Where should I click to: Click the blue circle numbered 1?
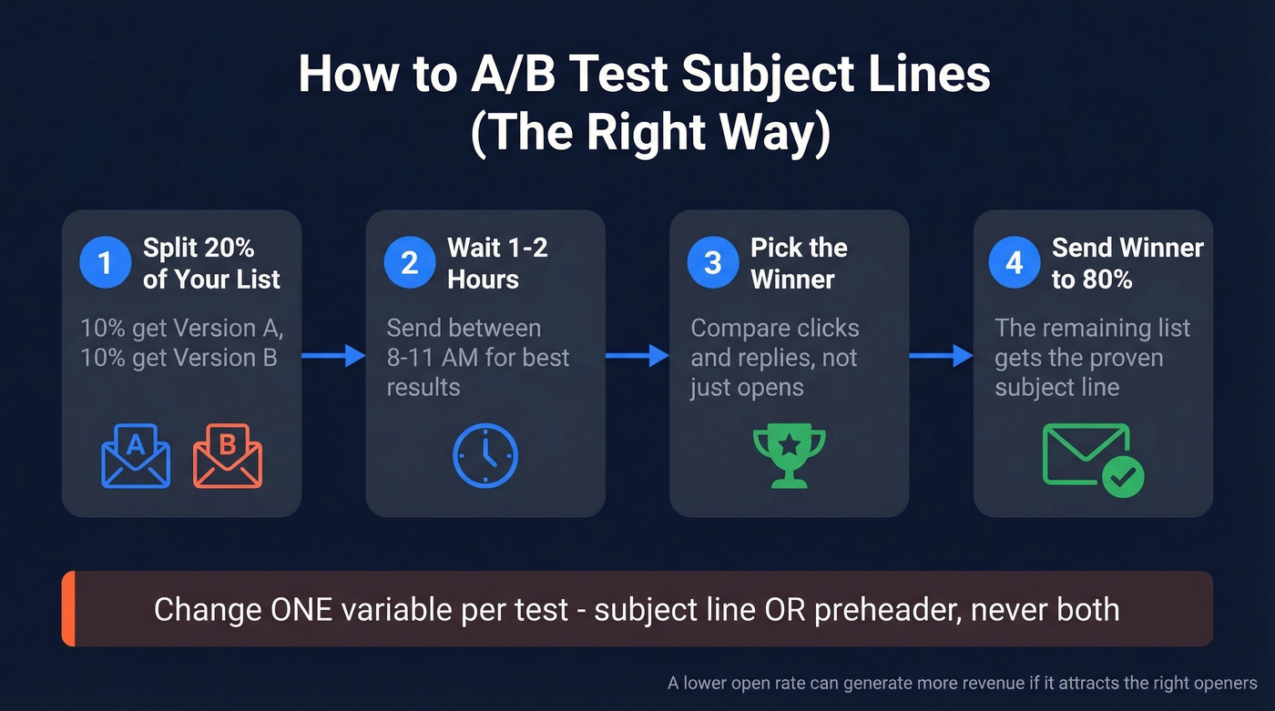[105, 263]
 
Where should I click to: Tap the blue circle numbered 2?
[409, 263]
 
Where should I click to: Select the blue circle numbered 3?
[712, 263]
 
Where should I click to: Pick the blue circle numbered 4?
[1015, 263]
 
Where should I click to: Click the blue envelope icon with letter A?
[136, 456]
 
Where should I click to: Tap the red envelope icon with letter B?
[227, 456]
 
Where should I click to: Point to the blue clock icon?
[484, 455]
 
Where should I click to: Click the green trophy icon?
[789, 454]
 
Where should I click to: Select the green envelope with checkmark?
[1092, 460]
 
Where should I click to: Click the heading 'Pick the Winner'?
[799, 263]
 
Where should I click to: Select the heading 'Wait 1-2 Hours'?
[497, 263]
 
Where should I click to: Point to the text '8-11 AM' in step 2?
[435, 357]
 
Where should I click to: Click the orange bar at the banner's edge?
[66, 609]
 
